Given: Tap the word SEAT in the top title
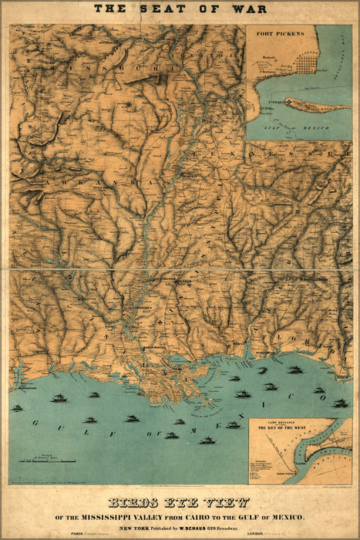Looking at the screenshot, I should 158,9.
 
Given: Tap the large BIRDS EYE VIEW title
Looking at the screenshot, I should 180,501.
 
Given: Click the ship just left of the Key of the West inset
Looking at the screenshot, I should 233,425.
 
